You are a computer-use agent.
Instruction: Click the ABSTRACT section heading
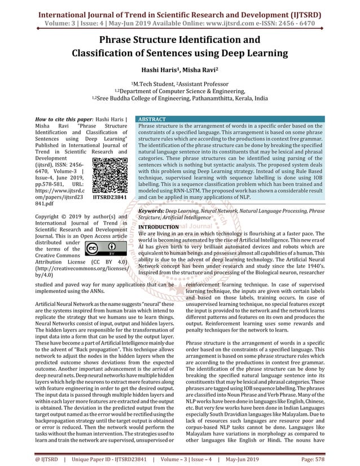[x=152, y=120]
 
